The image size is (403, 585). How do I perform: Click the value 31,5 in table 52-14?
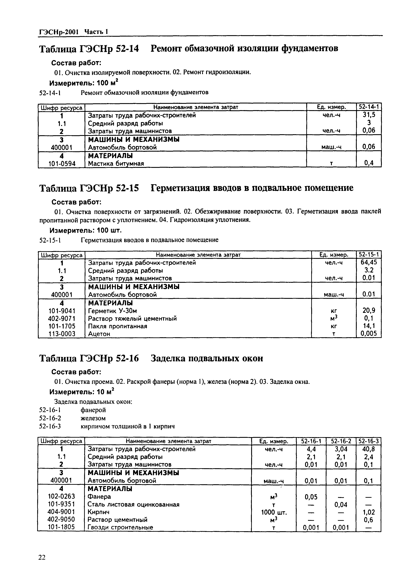369,115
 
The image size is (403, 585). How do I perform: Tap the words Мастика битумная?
116,164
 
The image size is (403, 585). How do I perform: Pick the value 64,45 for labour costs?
369,263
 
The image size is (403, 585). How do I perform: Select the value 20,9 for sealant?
369,310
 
